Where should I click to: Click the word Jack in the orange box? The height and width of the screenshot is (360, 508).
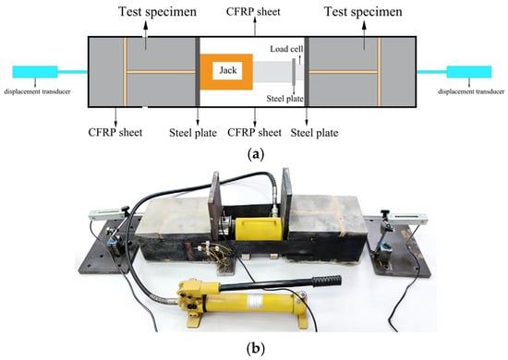(228, 70)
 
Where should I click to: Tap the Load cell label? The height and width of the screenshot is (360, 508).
(286, 49)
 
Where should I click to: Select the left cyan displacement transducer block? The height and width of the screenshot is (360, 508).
(35, 72)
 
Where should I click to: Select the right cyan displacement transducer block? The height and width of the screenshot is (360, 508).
(469, 72)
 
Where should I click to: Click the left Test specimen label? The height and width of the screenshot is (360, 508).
(157, 12)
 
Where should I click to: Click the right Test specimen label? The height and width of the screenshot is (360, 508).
(363, 12)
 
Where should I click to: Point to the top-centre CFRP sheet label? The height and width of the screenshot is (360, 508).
(253, 12)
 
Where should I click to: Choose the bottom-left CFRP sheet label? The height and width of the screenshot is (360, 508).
(115, 132)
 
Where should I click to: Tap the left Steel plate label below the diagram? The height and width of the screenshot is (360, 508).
(193, 133)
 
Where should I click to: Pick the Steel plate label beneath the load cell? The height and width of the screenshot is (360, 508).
(284, 99)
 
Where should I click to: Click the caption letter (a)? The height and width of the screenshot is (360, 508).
(256, 154)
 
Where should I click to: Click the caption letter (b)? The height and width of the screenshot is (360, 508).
(256, 349)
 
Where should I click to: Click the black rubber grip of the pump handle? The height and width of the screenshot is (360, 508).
(327, 281)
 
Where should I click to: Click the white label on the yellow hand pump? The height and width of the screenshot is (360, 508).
(253, 302)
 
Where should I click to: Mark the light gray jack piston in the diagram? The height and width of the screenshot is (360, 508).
(272, 72)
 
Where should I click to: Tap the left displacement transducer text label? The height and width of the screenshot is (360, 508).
(37, 91)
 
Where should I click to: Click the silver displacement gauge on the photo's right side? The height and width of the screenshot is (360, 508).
(407, 218)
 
